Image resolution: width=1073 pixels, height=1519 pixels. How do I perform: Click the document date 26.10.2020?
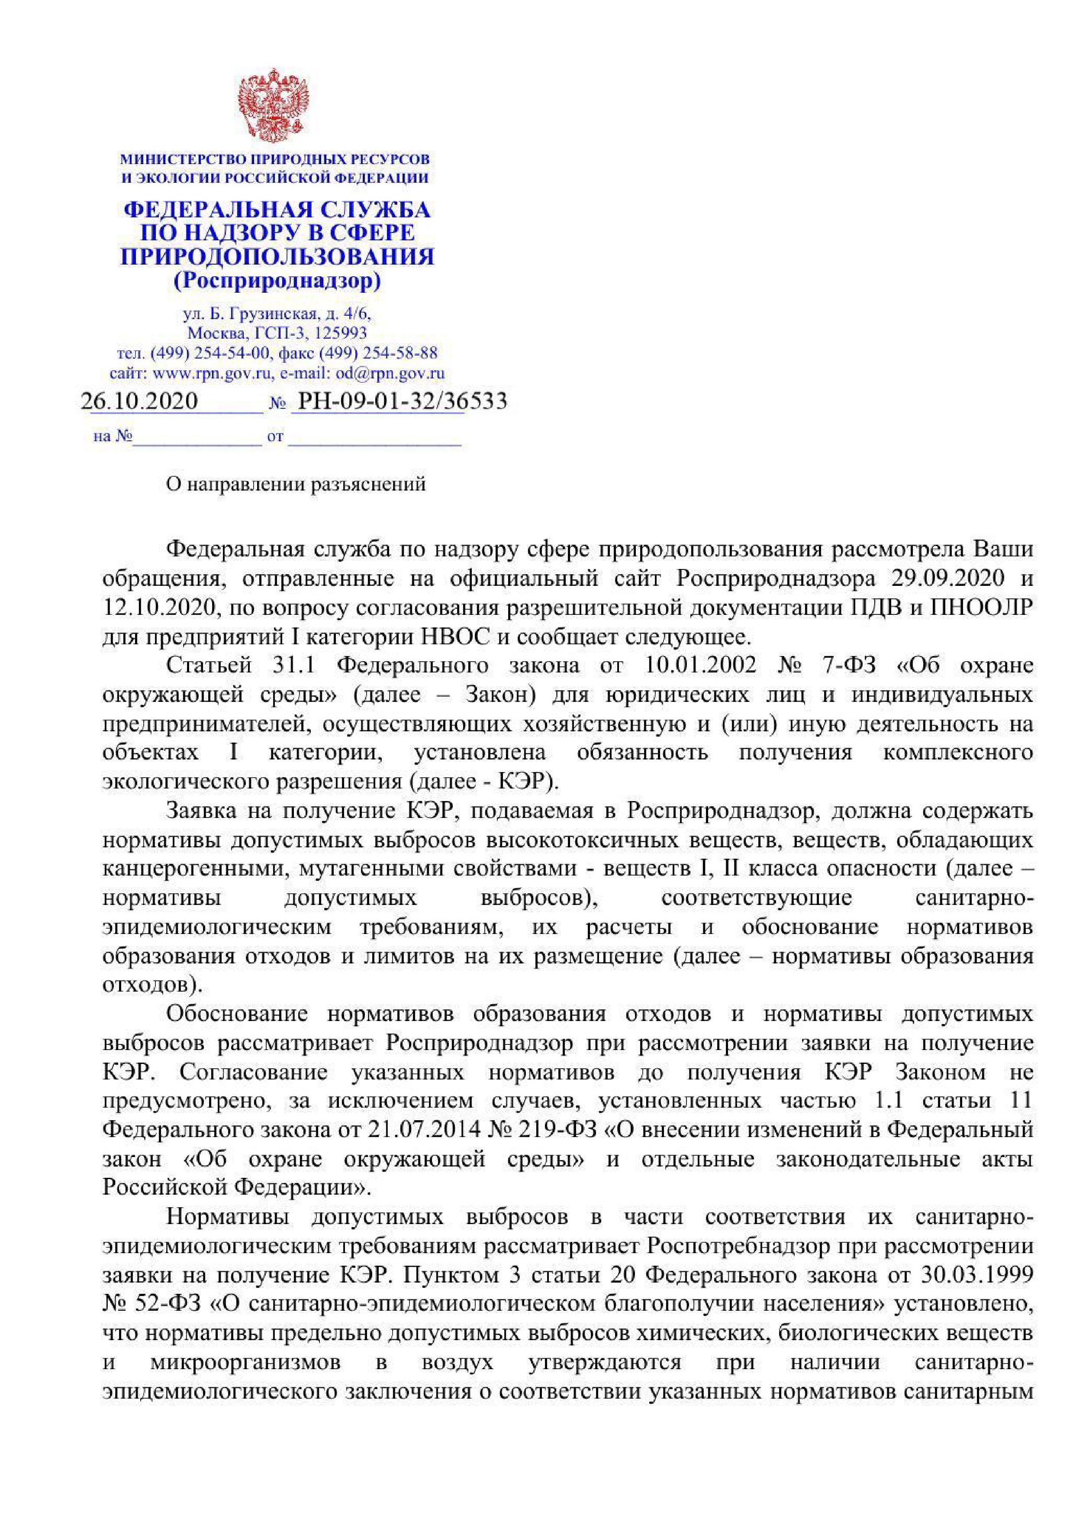(x=139, y=401)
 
